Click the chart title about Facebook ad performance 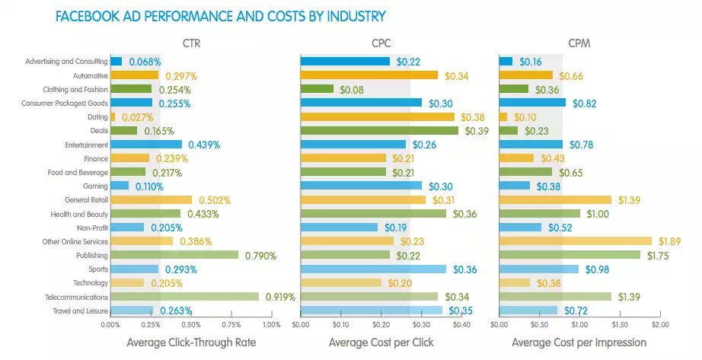coord(221,15)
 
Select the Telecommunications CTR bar coord(184,297)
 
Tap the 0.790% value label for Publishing coord(260,256)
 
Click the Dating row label coord(97,117)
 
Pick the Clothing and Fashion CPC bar coord(317,90)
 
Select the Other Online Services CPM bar coord(575,241)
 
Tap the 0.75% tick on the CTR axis coord(231,324)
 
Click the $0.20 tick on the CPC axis coord(381,324)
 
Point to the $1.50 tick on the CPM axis coord(619,324)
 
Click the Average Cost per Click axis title coord(381,342)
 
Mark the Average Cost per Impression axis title coord(579,342)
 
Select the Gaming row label coord(95,186)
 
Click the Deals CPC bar coord(379,131)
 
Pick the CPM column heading coord(579,43)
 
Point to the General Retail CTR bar coord(151,199)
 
